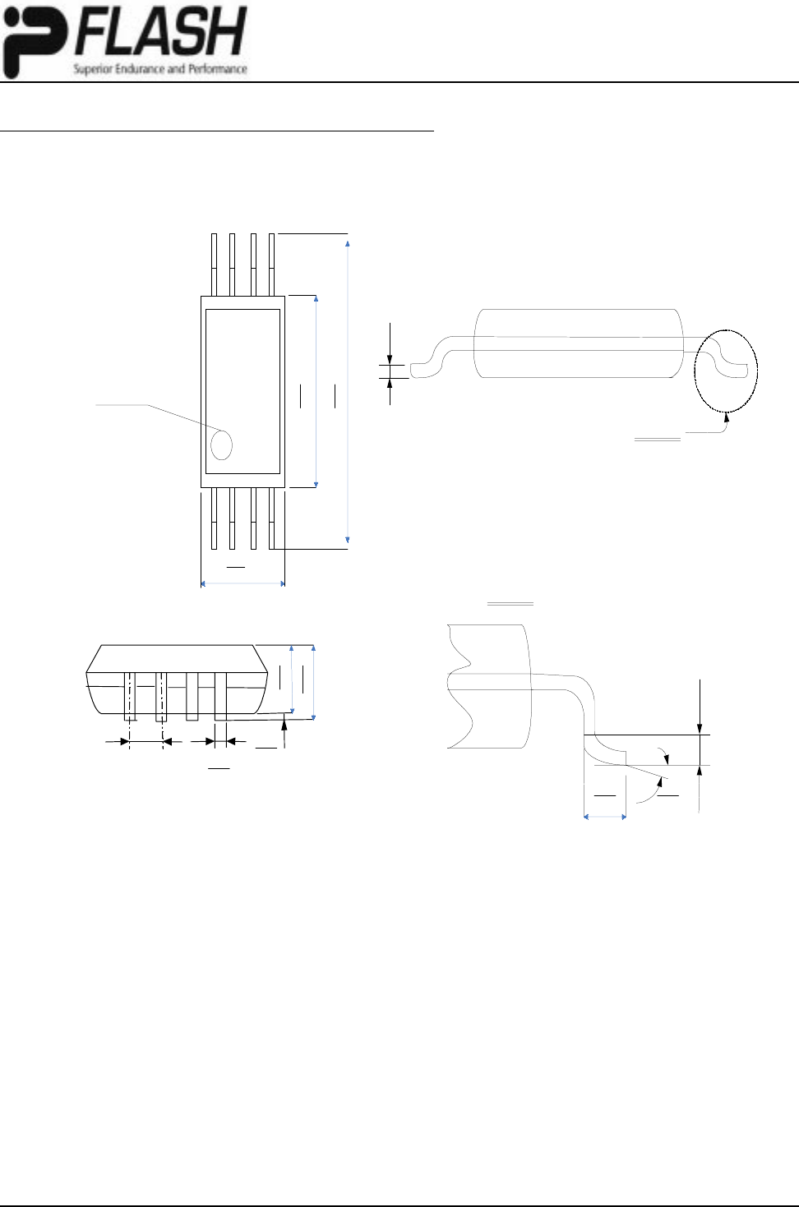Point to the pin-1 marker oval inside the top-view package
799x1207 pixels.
[x=222, y=445]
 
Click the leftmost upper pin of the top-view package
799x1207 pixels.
[x=215, y=263]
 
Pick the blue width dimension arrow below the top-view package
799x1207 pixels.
[x=242, y=584]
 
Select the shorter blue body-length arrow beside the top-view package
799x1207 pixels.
[x=316, y=390]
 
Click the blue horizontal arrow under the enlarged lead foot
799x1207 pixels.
[x=605, y=817]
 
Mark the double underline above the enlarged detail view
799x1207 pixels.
[x=511, y=605]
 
